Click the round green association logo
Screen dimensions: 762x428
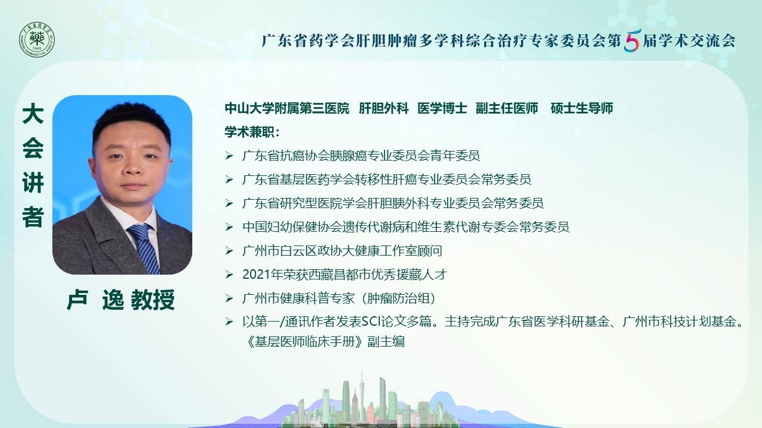click(x=37, y=40)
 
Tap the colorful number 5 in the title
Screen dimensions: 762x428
click(x=632, y=40)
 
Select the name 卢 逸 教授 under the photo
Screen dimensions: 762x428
click(x=121, y=300)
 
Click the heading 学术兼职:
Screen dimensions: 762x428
click(x=252, y=132)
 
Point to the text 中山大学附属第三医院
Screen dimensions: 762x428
click(x=287, y=108)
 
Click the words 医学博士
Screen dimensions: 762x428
click(x=442, y=108)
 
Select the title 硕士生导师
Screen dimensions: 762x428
click(x=582, y=108)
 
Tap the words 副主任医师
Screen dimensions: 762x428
click(x=507, y=108)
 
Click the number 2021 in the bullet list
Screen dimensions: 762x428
click(x=256, y=275)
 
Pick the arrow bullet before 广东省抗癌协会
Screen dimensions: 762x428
click(x=229, y=156)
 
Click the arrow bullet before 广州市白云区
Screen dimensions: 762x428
click(x=229, y=251)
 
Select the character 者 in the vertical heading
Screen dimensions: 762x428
click(x=33, y=217)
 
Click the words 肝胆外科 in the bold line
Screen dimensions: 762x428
click(x=383, y=108)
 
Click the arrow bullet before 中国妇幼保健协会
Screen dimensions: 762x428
click(x=229, y=227)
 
